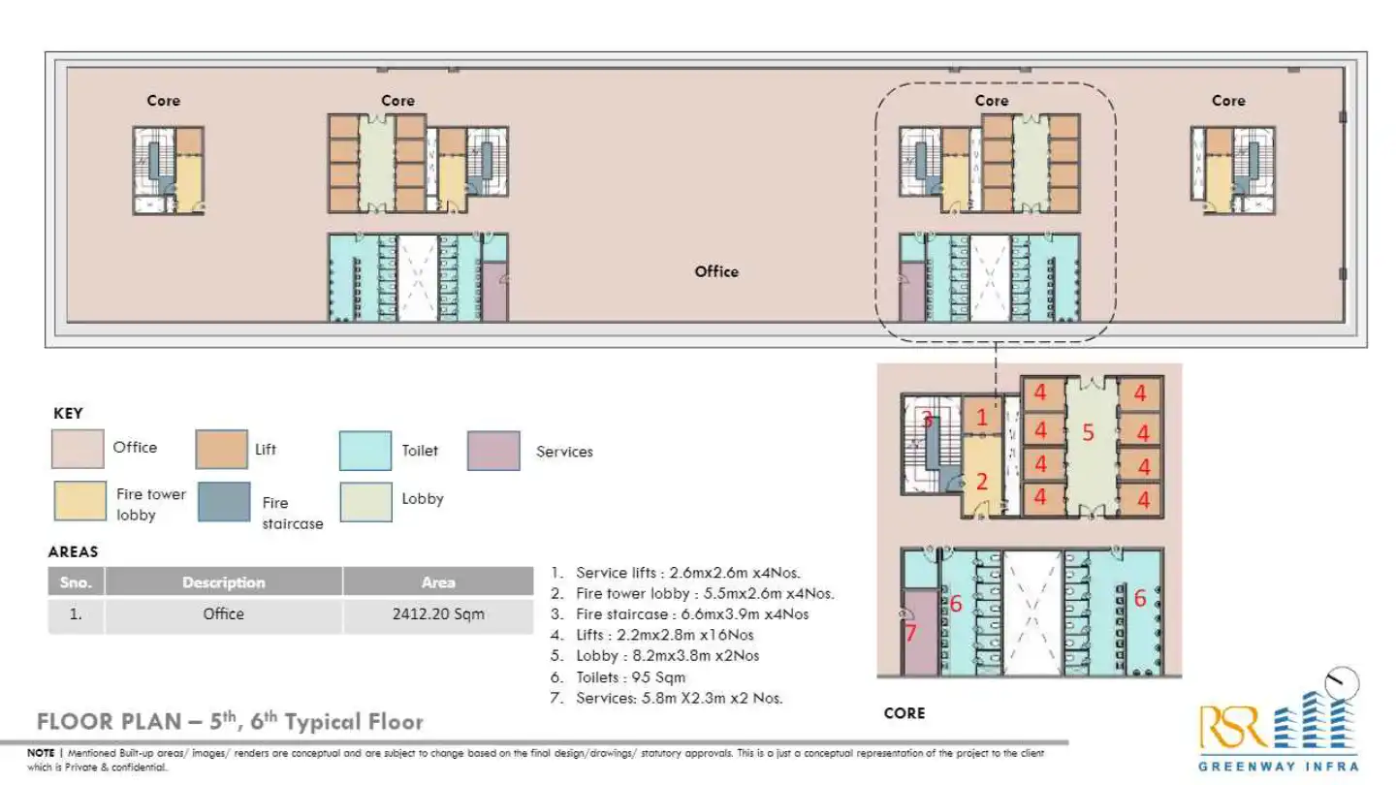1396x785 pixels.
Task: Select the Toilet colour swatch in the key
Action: click(365, 451)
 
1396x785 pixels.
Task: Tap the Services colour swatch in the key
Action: click(493, 451)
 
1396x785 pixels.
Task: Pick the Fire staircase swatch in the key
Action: click(223, 501)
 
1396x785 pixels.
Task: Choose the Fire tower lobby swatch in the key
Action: click(79, 501)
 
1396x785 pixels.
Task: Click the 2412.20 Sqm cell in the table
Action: click(437, 614)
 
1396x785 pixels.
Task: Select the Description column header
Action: click(223, 582)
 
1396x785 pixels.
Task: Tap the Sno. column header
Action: click(76, 582)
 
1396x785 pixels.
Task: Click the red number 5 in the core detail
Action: click(1088, 433)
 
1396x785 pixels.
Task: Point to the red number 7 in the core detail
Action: click(909, 633)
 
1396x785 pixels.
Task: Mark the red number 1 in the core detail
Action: click(981, 418)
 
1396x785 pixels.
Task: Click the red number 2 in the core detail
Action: click(981, 480)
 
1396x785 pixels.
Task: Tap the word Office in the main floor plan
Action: click(716, 271)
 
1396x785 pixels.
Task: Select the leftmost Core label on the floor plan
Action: click(163, 101)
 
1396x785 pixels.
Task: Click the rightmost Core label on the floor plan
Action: click(1228, 101)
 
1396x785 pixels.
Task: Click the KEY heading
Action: click(68, 413)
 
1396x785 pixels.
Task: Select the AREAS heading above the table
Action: click(73, 551)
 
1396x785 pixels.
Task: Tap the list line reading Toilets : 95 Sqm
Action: click(630, 676)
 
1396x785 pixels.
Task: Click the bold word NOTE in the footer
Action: click(41, 753)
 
